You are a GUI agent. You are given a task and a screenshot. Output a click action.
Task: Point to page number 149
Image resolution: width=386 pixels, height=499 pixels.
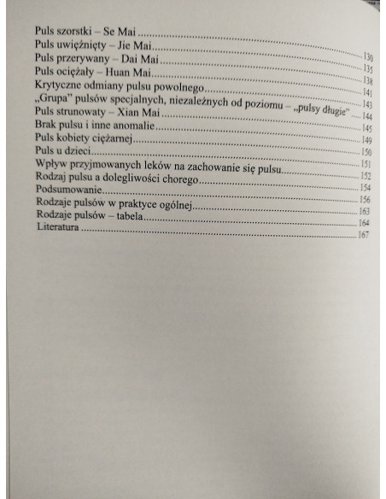(x=364, y=140)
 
